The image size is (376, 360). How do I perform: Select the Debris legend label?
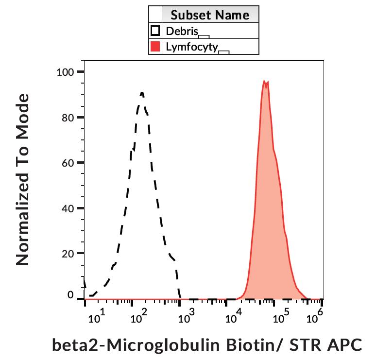pos(182,31)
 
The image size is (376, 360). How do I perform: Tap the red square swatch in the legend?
pos(155,47)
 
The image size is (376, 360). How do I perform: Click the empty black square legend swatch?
pos(155,31)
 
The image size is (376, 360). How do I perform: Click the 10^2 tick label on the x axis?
pos(139,318)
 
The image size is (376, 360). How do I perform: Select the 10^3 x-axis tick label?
pos(186,318)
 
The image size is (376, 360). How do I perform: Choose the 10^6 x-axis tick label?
pos(315,318)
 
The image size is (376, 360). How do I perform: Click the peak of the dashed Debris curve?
pos(141,92)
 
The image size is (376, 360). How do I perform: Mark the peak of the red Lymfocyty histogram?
pos(264,81)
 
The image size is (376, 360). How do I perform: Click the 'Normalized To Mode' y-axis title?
pos(22,180)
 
